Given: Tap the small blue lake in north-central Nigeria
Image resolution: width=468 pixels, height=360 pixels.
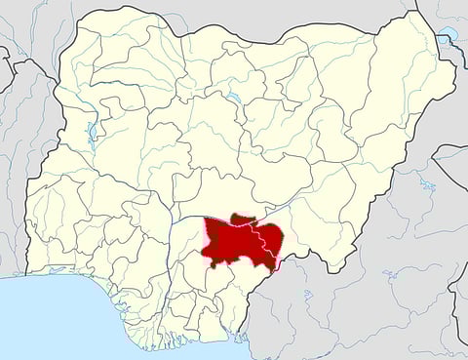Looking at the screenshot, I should [x=233, y=98].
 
